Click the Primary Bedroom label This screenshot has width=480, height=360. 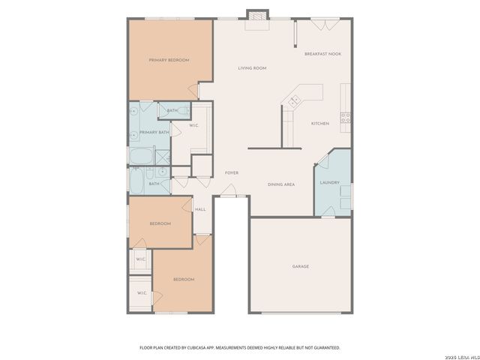pos(168,60)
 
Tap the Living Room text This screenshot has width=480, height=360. pos(253,68)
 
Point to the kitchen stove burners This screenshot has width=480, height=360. pos(346,117)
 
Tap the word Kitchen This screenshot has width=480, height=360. pos(320,124)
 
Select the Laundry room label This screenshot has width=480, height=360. pos(330,182)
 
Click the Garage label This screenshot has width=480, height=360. pos(300,266)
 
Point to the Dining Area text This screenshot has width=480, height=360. pos(281,184)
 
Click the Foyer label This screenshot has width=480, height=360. pos(232,172)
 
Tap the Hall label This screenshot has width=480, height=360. pos(200,209)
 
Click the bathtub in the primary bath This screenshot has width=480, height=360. pos(140,156)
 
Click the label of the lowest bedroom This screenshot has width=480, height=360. pos(184,279)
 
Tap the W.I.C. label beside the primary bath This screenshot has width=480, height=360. pos(193,125)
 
